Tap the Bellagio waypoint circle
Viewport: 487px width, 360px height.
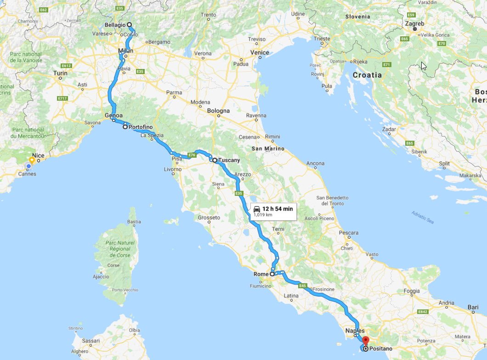coord(130,25)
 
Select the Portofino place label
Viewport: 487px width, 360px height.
coord(141,127)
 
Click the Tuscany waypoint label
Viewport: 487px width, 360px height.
coord(229,160)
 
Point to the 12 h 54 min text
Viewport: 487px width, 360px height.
coord(277,209)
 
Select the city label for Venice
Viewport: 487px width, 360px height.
coord(260,53)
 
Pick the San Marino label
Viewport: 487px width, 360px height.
coord(268,149)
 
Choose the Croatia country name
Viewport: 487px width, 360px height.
coord(367,74)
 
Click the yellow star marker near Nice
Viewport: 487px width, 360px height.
coord(31,160)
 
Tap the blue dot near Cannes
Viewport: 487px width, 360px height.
coord(28,166)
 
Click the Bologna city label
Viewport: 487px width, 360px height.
coord(218,111)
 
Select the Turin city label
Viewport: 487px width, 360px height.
coord(60,73)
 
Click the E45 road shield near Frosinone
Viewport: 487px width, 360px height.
coord(302,286)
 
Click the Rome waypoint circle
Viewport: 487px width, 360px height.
coord(272,274)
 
